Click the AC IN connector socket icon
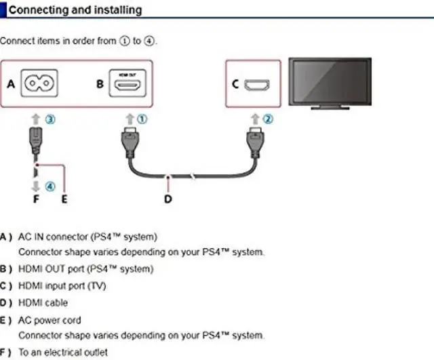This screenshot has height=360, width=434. coord(39,85)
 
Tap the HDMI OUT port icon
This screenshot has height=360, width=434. coord(128,85)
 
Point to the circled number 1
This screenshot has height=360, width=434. coord(142,119)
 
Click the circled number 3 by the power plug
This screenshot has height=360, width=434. coord(50,119)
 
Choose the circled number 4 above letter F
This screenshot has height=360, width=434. coord(50,185)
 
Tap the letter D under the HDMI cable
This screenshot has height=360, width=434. coord(168,199)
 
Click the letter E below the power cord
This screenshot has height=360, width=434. coord(64,199)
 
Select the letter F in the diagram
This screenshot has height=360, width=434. coord(37,199)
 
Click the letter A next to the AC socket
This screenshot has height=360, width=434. coord(10,85)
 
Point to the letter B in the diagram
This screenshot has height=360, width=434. coord(100,85)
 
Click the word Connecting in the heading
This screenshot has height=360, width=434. coord(31,10)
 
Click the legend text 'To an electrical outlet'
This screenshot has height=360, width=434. coord(61,353)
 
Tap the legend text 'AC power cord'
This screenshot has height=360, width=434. coord(50,319)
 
